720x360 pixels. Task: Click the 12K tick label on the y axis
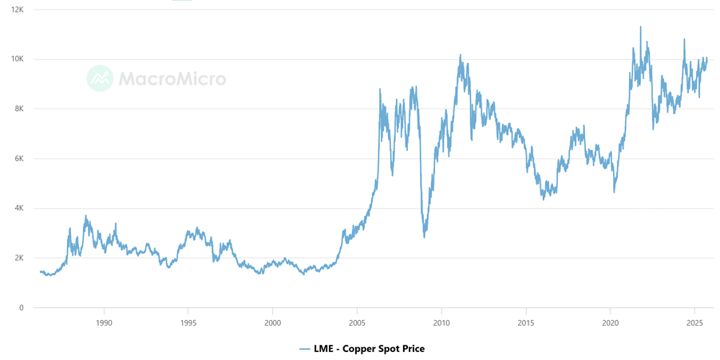pos(18,10)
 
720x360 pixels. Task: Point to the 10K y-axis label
pos(18,59)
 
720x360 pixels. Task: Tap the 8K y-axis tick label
pos(18,109)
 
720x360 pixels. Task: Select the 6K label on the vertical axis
pos(18,159)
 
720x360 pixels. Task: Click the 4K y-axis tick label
pos(18,208)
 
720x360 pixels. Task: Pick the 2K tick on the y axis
pos(18,258)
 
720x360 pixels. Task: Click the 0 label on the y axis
pos(22,307)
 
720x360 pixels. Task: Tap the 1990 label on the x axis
pos(104,322)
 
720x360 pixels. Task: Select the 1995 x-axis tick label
pos(188,322)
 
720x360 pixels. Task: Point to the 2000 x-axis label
pos(272,322)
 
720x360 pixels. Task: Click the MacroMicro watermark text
pos(172,78)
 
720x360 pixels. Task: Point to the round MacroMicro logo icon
pos(100,78)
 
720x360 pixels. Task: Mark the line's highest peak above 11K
pos(640,27)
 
